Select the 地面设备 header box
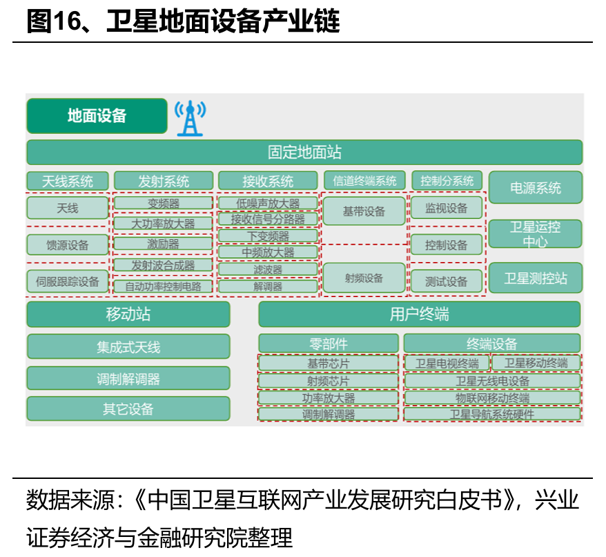(97, 115)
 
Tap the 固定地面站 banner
(304, 152)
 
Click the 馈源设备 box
(68, 245)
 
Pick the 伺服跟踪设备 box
(68, 281)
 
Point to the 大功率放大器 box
(163, 224)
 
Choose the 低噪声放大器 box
(268, 203)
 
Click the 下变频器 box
(268, 236)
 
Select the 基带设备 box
(364, 211)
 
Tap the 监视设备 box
(446, 208)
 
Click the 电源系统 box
(536, 187)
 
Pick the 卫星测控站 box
(536, 278)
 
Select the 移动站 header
(128, 314)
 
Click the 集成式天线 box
(128, 347)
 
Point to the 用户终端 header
(419, 314)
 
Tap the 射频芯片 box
(329, 381)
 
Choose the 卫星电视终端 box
(447, 364)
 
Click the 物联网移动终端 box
(492, 398)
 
